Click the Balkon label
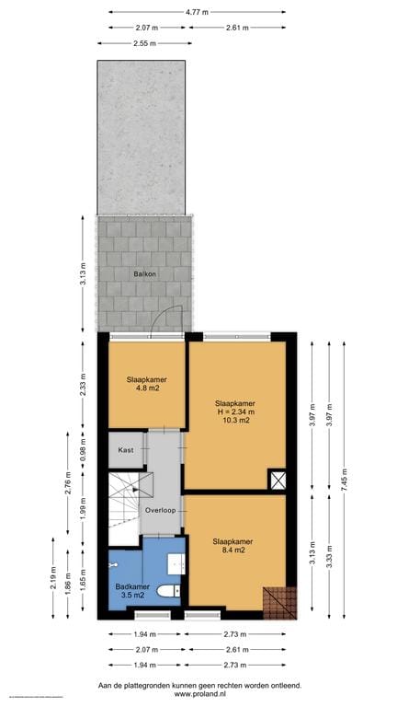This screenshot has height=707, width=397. click(145, 273)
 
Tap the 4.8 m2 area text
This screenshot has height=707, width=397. click(146, 388)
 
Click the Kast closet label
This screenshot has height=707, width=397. click(127, 451)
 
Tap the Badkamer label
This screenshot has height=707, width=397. click(132, 586)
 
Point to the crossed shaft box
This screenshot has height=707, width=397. click(278, 480)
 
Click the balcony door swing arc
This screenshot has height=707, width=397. click(162, 318)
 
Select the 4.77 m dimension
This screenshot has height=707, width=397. click(197, 12)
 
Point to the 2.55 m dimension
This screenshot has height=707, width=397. click(143, 43)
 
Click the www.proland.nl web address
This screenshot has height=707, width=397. click(199, 695)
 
